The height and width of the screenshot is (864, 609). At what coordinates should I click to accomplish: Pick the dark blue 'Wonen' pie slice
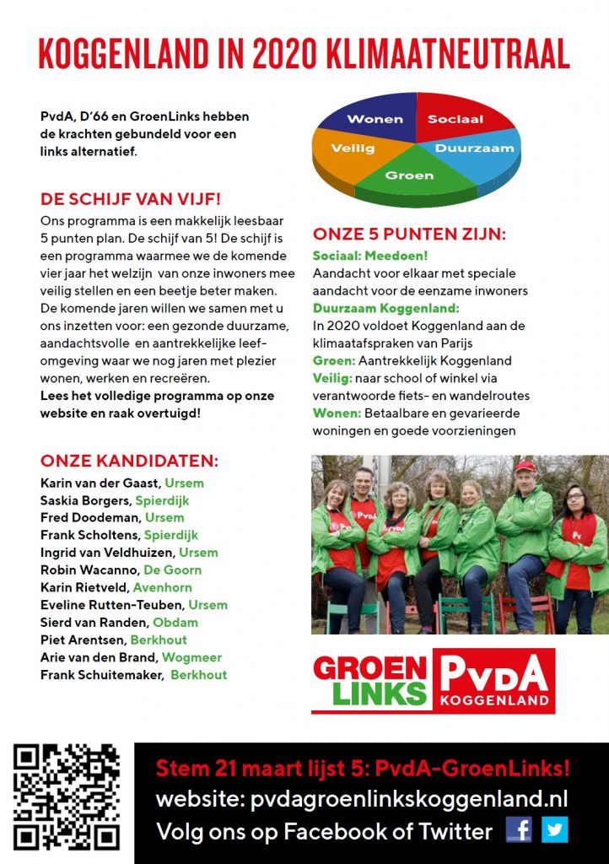coord(375,119)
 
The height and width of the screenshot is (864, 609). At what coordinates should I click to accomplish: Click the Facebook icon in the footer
coord(519,829)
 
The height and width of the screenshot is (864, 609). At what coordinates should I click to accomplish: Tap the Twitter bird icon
coord(554,829)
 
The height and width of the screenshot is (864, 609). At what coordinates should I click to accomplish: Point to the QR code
coord(67,797)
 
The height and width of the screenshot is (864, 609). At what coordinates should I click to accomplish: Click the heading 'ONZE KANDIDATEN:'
coord(129,462)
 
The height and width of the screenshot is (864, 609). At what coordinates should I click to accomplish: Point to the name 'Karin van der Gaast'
coord(100,483)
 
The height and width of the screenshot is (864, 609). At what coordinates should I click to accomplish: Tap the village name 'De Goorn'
coord(172,570)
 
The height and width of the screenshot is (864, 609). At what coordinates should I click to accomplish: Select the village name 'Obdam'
coord(175,622)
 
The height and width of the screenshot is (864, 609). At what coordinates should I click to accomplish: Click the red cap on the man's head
coord(525,466)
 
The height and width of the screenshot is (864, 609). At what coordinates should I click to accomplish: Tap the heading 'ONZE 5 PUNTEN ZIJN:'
coord(409,235)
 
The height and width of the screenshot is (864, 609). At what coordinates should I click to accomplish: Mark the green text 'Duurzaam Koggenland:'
coord(385,308)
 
